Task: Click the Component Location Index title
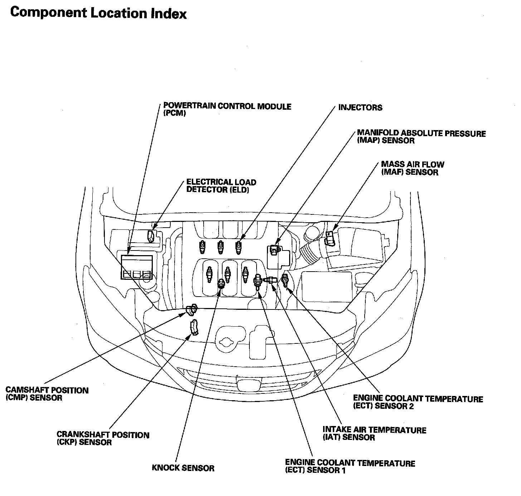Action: [x=98, y=13]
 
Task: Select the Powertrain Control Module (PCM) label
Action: [x=227, y=110]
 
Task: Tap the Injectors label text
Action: [x=360, y=108]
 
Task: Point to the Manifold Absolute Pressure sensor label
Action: [x=421, y=137]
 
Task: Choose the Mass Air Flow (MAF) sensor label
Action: [x=412, y=168]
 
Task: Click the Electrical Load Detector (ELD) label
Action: [x=221, y=186]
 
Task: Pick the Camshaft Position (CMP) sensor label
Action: [x=47, y=394]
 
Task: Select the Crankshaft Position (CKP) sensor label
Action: [x=103, y=438]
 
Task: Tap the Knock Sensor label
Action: [x=183, y=468]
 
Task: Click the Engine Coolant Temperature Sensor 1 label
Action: [x=350, y=467]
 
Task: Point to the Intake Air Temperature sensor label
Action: [x=374, y=433]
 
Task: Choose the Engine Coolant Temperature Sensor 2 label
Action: [x=418, y=402]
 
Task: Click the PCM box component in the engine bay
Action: [x=136, y=267]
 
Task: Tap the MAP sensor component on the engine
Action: [x=274, y=248]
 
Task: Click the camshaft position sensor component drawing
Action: [x=192, y=309]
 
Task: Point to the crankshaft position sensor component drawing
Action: [x=194, y=328]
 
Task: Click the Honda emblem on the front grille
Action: [x=245, y=385]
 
